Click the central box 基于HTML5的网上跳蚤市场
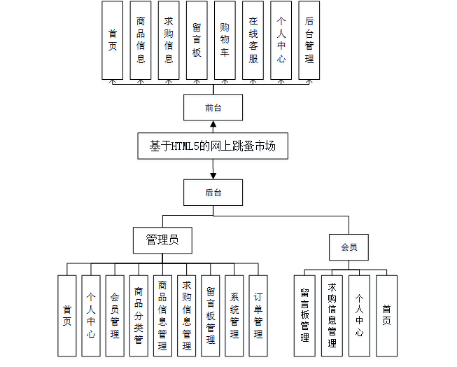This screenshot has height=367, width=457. [x=213, y=146]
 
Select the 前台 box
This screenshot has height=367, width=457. [x=213, y=107]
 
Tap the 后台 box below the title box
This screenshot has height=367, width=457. [x=213, y=193]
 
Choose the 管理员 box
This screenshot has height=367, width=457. [x=162, y=240]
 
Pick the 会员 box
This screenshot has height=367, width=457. [x=349, y=247]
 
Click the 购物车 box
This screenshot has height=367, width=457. [x=225, y=40]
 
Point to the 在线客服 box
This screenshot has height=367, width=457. [x=253, y=40]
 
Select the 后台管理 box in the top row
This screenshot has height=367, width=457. [x=309, y=40]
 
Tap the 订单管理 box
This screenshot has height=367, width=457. [x=258, y=316]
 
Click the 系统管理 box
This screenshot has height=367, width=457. [x=234, y=316]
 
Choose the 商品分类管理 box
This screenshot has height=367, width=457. [x=139, y=316]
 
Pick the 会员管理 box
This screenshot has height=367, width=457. [x=115, y=316]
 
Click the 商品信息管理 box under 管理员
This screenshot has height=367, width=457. [x=162, y=316]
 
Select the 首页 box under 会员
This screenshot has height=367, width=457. [x=387, y=316]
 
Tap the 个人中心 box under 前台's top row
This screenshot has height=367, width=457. [x=281, y=40]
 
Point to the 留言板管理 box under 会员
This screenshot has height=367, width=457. [x=304, y=316]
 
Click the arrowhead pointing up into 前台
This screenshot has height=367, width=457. [x=213, y=124]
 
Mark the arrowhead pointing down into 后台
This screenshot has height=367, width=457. [x=213, y=176]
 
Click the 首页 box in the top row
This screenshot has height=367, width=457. [x=113, y=40]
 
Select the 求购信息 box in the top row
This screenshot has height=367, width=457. [x=169, y=40]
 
